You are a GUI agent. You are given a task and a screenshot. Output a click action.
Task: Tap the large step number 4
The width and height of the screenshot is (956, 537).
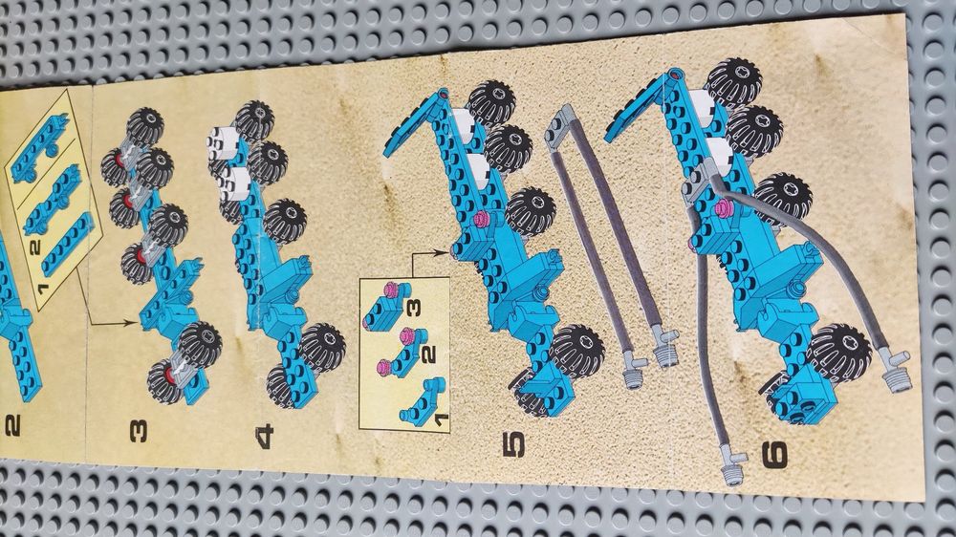(x=265, y=438)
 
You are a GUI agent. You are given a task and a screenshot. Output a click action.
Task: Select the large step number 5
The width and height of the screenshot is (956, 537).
(x=513, y=444)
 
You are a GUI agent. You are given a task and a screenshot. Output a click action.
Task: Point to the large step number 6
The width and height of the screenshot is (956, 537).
(x=775, y=455)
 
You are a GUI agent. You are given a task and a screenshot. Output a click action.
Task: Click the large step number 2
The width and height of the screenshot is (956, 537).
(x=13, y=425)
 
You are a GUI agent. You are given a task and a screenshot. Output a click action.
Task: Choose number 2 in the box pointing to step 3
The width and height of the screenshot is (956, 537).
(x=34, y=247)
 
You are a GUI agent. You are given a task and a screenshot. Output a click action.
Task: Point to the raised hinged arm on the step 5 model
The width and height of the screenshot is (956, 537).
(x=417, y=125)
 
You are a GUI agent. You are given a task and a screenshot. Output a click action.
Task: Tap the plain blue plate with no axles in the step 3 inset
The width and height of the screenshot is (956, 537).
(x=67, y=246)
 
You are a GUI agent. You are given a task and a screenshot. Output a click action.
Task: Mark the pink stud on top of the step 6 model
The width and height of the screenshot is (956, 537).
(x=725, y=208)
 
